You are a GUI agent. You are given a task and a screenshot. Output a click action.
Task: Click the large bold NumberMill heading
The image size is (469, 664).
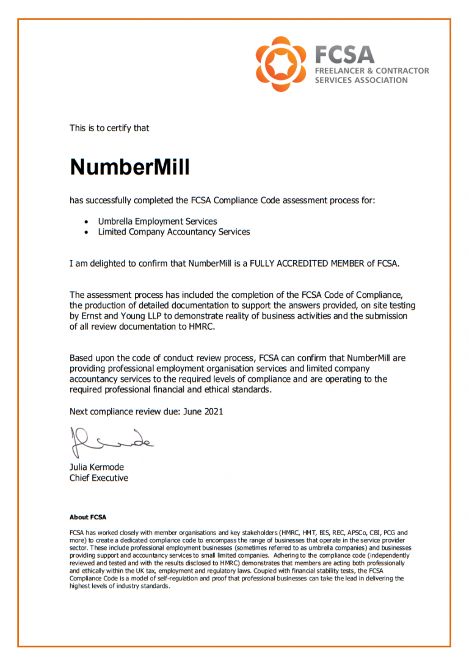click(129, 167)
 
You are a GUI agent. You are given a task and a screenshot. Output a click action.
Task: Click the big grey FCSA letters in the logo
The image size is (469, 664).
click(344, 54)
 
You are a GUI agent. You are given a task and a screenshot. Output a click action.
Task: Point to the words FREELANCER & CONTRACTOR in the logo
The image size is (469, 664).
click(371, 71)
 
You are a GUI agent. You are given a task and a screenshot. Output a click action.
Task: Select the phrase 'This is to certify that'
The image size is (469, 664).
click(109, 128)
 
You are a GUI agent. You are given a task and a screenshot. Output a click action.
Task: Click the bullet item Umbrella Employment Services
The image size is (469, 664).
click(157, 221)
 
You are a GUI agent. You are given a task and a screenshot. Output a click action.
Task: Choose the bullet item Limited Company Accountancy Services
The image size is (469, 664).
click(173, 232)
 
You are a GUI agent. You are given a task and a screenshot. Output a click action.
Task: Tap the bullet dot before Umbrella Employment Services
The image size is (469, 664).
click(86, 222)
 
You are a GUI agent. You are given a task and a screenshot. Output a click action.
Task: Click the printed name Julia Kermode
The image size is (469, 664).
click(96, 467)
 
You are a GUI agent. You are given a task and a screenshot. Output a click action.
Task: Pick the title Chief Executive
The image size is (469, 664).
click(98, 478)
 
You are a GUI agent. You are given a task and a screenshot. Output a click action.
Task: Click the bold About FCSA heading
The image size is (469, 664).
click(88, 518)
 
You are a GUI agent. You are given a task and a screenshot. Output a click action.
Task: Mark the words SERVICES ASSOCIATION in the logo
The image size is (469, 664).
click(361, 81)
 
